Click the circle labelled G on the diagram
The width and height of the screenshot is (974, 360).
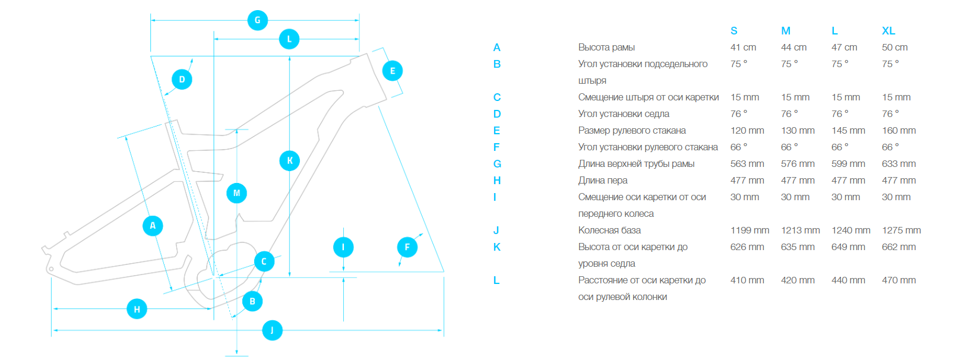coord(257,20)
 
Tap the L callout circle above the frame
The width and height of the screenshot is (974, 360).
coord(289,39)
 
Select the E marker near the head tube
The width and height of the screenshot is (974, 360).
coord(393,71)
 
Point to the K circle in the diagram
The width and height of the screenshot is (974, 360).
coord(290,160)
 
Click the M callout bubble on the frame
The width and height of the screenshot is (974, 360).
coord(236,193)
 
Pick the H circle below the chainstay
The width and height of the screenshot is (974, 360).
coord(137,309)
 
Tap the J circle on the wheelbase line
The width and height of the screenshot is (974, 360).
coord(272,330)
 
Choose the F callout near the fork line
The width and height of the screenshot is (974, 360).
coord(407,247)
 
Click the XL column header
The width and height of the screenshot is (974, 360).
coord(888,31)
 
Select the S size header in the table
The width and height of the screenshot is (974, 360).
coord(734,31)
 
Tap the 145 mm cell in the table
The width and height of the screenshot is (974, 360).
coord(848,131)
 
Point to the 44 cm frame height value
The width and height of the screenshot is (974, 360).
coord(793,48)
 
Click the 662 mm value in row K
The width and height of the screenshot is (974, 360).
coord(899,247)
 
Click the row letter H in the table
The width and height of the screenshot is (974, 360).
coord(497,181)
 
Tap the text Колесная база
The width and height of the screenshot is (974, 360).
coord(609,230)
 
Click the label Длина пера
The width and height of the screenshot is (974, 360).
coord(603,181)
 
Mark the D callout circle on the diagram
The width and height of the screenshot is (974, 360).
coord(182,80)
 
